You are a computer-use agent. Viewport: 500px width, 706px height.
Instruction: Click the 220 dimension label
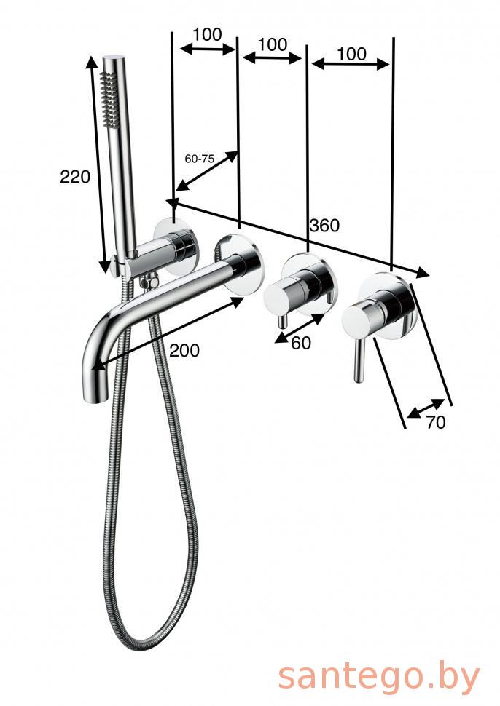click(75, 176)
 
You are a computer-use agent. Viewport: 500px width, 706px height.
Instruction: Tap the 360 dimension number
click(324, 225)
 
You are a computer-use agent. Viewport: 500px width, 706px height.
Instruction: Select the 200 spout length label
click(184, 350)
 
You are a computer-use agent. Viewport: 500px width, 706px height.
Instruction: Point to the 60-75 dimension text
click(199, 159)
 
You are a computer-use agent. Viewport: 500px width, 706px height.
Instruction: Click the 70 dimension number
click(435, 422)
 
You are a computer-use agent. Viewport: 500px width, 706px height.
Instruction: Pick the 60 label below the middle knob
click(301, 343)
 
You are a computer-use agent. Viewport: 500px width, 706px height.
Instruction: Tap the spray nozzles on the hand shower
click(107, 96)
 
